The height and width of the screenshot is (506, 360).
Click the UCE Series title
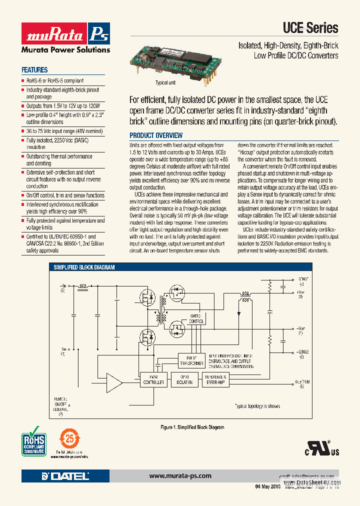coord(310,28)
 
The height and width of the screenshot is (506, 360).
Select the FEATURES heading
coord(34,70)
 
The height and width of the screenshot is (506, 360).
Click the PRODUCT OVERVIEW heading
coord(156,135)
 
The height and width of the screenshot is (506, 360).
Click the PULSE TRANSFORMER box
coord(191,360)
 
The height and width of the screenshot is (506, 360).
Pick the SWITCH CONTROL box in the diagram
coord(195,319)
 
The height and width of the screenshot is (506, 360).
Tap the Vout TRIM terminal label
coord(301,383)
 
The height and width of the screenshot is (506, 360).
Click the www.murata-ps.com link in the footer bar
coord(180,476)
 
